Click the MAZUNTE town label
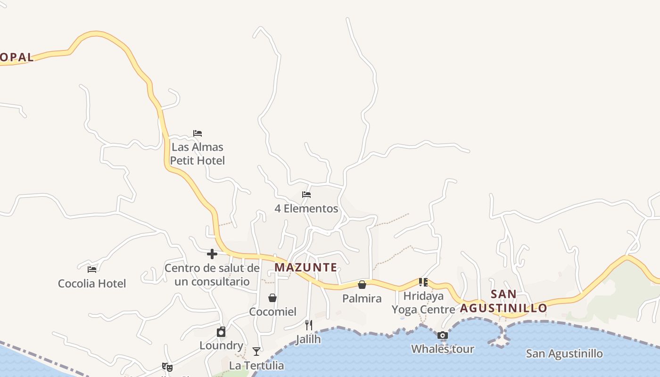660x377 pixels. [305, 268]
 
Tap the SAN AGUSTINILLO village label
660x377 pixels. [503, 301]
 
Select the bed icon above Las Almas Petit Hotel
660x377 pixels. [198, 133]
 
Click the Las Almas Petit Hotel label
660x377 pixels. [198, 154]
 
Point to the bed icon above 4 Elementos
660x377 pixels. [306, 194]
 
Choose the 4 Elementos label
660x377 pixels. [306, 208]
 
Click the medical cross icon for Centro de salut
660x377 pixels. [212, 254]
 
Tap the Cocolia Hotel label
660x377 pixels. [92, 283]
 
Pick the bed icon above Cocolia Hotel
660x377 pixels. [92, 270]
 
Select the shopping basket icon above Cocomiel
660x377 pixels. [272, 298]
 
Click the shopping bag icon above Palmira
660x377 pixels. [362, 285]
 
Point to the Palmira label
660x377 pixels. [362, 298]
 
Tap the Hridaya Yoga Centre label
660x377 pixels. [423, 303]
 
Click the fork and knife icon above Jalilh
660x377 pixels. [309, 325]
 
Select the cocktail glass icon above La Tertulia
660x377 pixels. [256, 351]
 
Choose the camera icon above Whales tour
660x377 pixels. [442, 336]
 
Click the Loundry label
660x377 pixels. [221, 345]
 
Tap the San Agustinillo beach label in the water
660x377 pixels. [564, 353]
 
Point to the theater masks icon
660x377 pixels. [167, 366]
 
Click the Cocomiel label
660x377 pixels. [272, 311]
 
